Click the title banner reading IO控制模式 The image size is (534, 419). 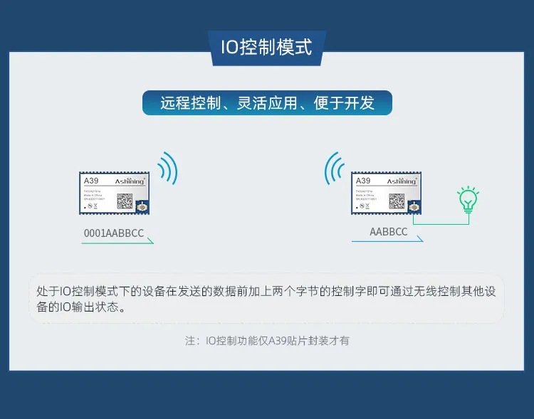tap(266, 48)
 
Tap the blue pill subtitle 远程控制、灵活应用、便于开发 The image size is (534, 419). tap(267, 102)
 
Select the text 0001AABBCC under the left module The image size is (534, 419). tap(114, 233)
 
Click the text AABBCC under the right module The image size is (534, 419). tap(389, 232)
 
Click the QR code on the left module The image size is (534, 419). tap(125, 202)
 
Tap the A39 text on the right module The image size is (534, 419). tap(363, 181)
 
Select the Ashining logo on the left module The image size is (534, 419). tap(130, 181)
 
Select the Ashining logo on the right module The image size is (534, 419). tap(402, 181)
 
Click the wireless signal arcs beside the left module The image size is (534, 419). tap(168, 169)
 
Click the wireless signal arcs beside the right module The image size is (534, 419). tap(333, 169)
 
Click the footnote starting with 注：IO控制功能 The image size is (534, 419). tap(267, 341)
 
